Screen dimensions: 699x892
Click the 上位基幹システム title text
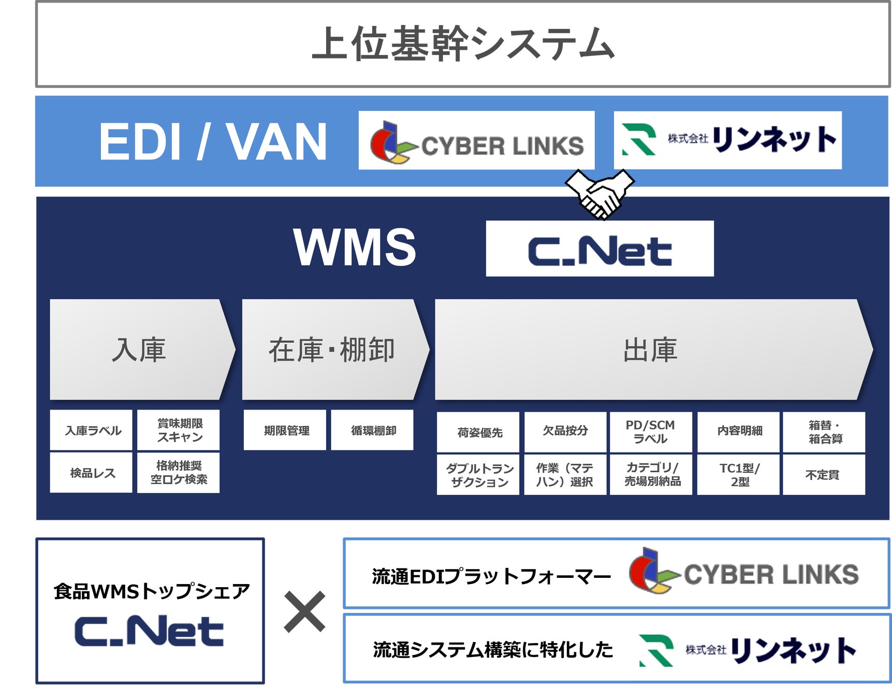click(463, 43)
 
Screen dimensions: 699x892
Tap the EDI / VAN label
click(213, 142)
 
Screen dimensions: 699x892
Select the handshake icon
click(600, 194)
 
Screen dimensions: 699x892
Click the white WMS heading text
click(355, 247)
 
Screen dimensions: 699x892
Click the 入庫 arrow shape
click(140, 349)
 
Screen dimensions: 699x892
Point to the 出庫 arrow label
click(650, 349)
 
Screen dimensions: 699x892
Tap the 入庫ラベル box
click(92, 430)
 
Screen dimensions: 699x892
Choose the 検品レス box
click(92, 473)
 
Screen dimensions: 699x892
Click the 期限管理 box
click(285, 430)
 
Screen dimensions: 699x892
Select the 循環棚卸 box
click(372, 430)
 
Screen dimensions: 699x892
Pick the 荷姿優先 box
click(478, 432)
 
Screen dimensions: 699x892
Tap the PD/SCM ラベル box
click(651, 432)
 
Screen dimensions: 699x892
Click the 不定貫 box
click(823, 475)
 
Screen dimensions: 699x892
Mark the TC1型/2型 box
click(739, 475)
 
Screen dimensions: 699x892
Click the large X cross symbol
click(304, 612)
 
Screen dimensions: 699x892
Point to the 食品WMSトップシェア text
click(151, 591)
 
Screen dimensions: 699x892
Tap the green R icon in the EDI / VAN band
click(639, 139)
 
